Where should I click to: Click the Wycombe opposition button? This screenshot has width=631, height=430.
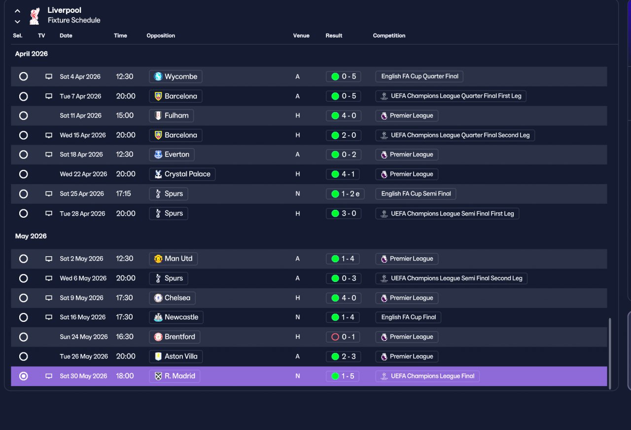175,77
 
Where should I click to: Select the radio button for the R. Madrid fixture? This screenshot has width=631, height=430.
23,376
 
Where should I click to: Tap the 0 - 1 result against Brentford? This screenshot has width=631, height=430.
343,337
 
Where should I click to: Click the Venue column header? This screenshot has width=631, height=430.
301,36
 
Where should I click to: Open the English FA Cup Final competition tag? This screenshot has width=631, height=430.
408,317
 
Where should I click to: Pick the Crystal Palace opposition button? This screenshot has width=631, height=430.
182,174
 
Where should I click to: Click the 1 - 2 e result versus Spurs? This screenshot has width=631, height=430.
345,194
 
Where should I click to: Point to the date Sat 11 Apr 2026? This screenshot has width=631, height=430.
80,116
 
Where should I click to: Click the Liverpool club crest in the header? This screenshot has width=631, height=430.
35,16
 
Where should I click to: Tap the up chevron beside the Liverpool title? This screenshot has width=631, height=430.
17,11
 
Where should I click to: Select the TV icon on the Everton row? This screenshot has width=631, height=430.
49,155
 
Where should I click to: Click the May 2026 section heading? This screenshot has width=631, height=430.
31,236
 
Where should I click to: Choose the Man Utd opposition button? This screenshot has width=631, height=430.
173,259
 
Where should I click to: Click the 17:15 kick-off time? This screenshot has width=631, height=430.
123,194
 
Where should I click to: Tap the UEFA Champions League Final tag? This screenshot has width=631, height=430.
427,376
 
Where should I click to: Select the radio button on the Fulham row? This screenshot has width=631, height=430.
23,116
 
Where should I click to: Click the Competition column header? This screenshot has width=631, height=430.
389,36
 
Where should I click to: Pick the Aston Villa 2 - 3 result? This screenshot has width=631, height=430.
344,356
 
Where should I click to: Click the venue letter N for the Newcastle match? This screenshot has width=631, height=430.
297,317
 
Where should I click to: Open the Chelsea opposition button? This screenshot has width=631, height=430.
172,298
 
